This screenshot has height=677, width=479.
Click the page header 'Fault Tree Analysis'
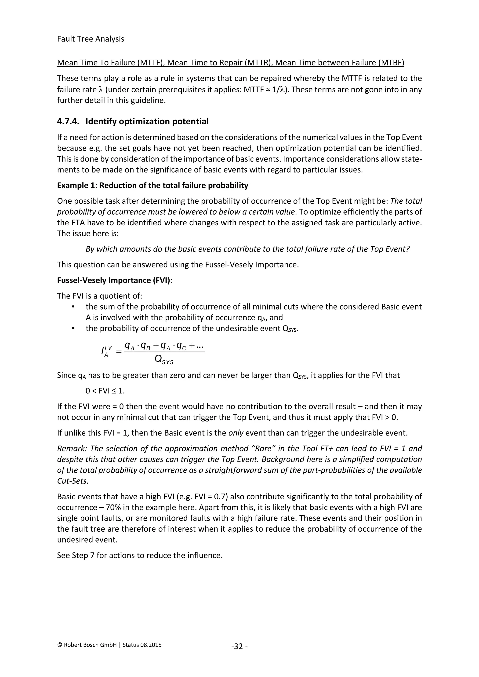pos(91,39)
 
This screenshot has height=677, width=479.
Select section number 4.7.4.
pos(68,122)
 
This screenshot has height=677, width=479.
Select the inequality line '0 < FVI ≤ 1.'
pos(105,391)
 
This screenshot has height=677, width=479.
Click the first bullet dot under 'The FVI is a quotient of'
pos(73,307)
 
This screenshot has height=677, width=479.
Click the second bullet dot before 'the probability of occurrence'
pos(73,328)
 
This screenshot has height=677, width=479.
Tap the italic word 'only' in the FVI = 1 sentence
pos(236,433)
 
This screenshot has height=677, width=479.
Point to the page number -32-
pos(239,647)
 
